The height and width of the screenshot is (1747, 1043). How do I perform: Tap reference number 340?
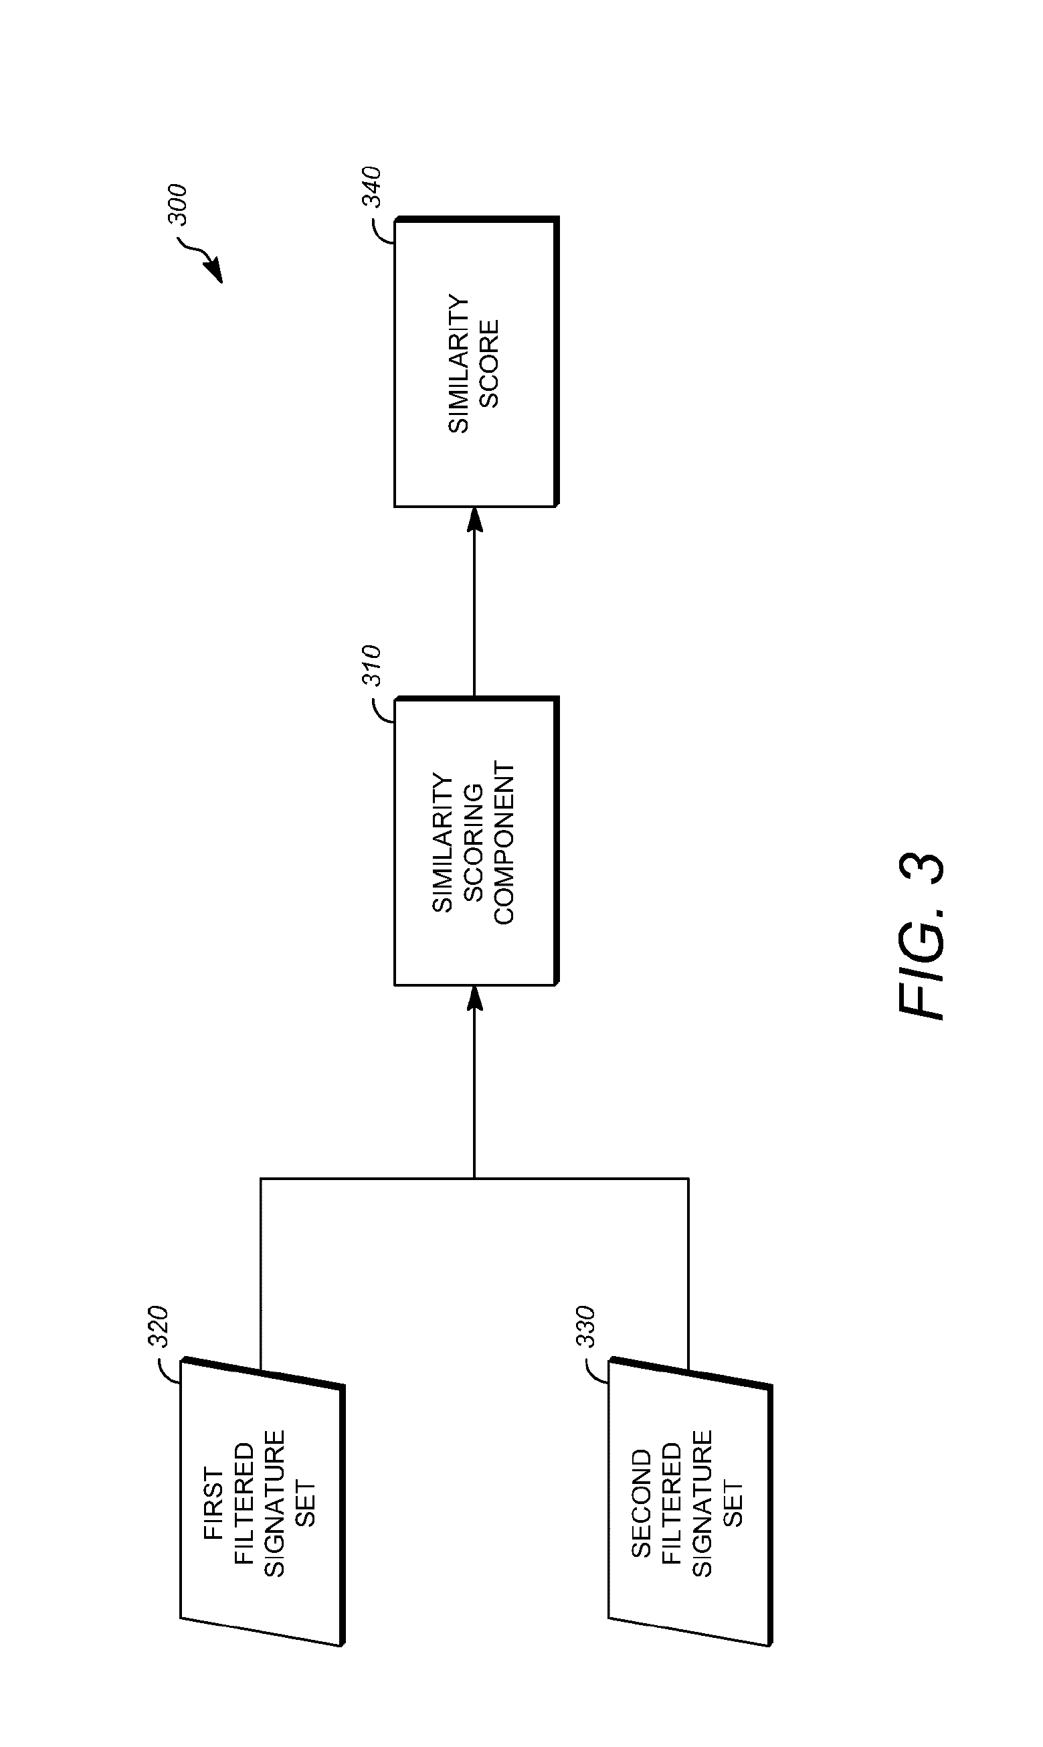click(371, 187)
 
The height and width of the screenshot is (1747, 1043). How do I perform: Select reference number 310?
click(371, 665)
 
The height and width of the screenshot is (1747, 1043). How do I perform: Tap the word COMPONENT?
click(504, 843)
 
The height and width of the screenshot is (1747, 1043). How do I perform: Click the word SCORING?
click(474, 843)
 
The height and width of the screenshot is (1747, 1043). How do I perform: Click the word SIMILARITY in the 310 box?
click(443, 843)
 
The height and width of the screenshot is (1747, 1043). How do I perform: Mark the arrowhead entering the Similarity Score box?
click(475, 519)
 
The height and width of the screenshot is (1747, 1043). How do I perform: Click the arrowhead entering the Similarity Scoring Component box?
click(475, 997)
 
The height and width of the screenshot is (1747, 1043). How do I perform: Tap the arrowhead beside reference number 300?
click(213, 270)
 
